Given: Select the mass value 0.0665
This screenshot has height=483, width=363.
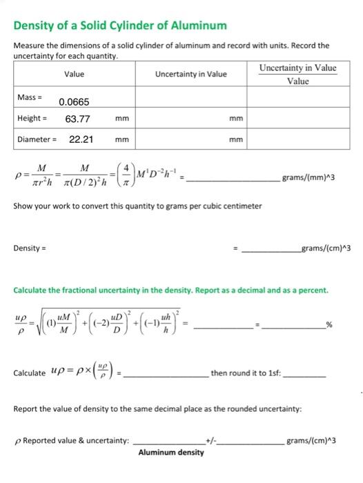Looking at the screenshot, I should click(74, 102).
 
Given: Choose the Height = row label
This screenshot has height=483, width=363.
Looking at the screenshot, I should click(32, 119).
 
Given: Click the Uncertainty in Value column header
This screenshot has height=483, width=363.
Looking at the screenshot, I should click(191, 74).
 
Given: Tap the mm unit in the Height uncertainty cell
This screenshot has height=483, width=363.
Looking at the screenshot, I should click(236, 119).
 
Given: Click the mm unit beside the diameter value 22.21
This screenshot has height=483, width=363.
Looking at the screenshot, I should click(122, 139).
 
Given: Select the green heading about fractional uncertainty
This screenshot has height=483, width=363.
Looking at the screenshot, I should click(170, 290).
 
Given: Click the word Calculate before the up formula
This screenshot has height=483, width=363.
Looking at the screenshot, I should click(30, 373).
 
